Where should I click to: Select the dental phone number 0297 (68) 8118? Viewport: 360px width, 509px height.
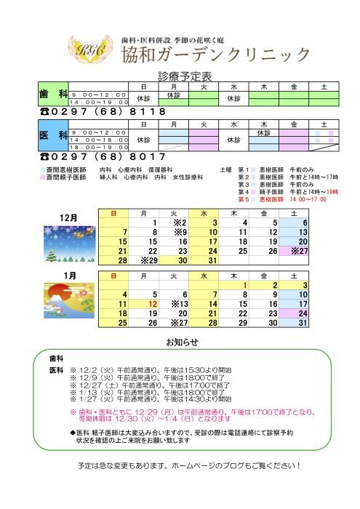tap(102, 112)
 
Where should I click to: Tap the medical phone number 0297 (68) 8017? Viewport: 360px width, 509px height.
tap(102, 156)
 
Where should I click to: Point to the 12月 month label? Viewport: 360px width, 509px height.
tap(70, 217)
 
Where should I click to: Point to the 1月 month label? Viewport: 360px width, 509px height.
tap(70, 276)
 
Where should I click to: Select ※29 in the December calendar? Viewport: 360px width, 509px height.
tap(148, 260)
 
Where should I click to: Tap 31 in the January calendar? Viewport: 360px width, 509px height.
tap(303, 323)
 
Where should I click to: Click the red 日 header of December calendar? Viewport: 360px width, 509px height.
tap(113, 212)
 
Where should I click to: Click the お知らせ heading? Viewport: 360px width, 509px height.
tap(180, 341)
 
